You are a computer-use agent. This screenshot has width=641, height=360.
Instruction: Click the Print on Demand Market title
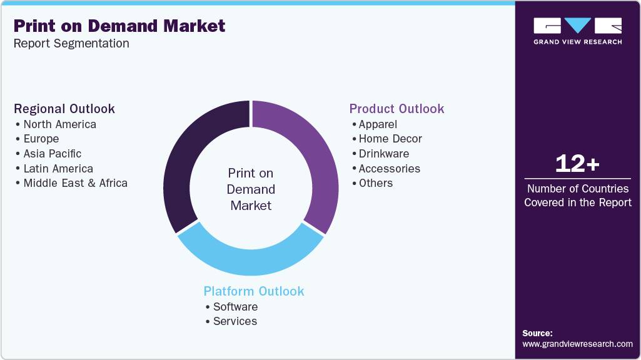point(119,26)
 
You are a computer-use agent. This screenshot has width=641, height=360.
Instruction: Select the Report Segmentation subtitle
point(71,43)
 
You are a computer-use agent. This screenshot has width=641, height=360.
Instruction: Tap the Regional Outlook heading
point(64,109)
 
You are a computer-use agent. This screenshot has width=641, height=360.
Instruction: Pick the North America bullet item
point(59,124)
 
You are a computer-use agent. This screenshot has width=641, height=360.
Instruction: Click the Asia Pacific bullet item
point(52,154)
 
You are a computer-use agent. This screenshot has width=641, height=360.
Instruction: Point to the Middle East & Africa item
point(75,183)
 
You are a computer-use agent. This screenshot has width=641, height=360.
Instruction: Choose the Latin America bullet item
point(58,169)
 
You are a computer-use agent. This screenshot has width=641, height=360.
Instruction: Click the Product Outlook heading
point(396,109)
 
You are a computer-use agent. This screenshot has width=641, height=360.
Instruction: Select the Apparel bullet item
point(378,124)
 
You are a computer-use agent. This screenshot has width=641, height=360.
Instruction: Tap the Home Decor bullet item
point(390,139)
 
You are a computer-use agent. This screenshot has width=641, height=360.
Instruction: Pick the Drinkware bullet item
point(383,154)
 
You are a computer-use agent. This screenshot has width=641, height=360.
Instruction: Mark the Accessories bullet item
point(389,169)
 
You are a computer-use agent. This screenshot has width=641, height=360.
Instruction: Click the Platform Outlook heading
point(254,291)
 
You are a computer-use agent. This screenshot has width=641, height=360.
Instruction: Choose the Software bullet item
point(235,307)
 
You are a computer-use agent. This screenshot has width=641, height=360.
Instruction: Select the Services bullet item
point(235,321)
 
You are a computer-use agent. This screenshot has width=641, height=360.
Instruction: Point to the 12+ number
point(577,164)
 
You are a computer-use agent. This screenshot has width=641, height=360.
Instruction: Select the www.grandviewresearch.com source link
point(577,344)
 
